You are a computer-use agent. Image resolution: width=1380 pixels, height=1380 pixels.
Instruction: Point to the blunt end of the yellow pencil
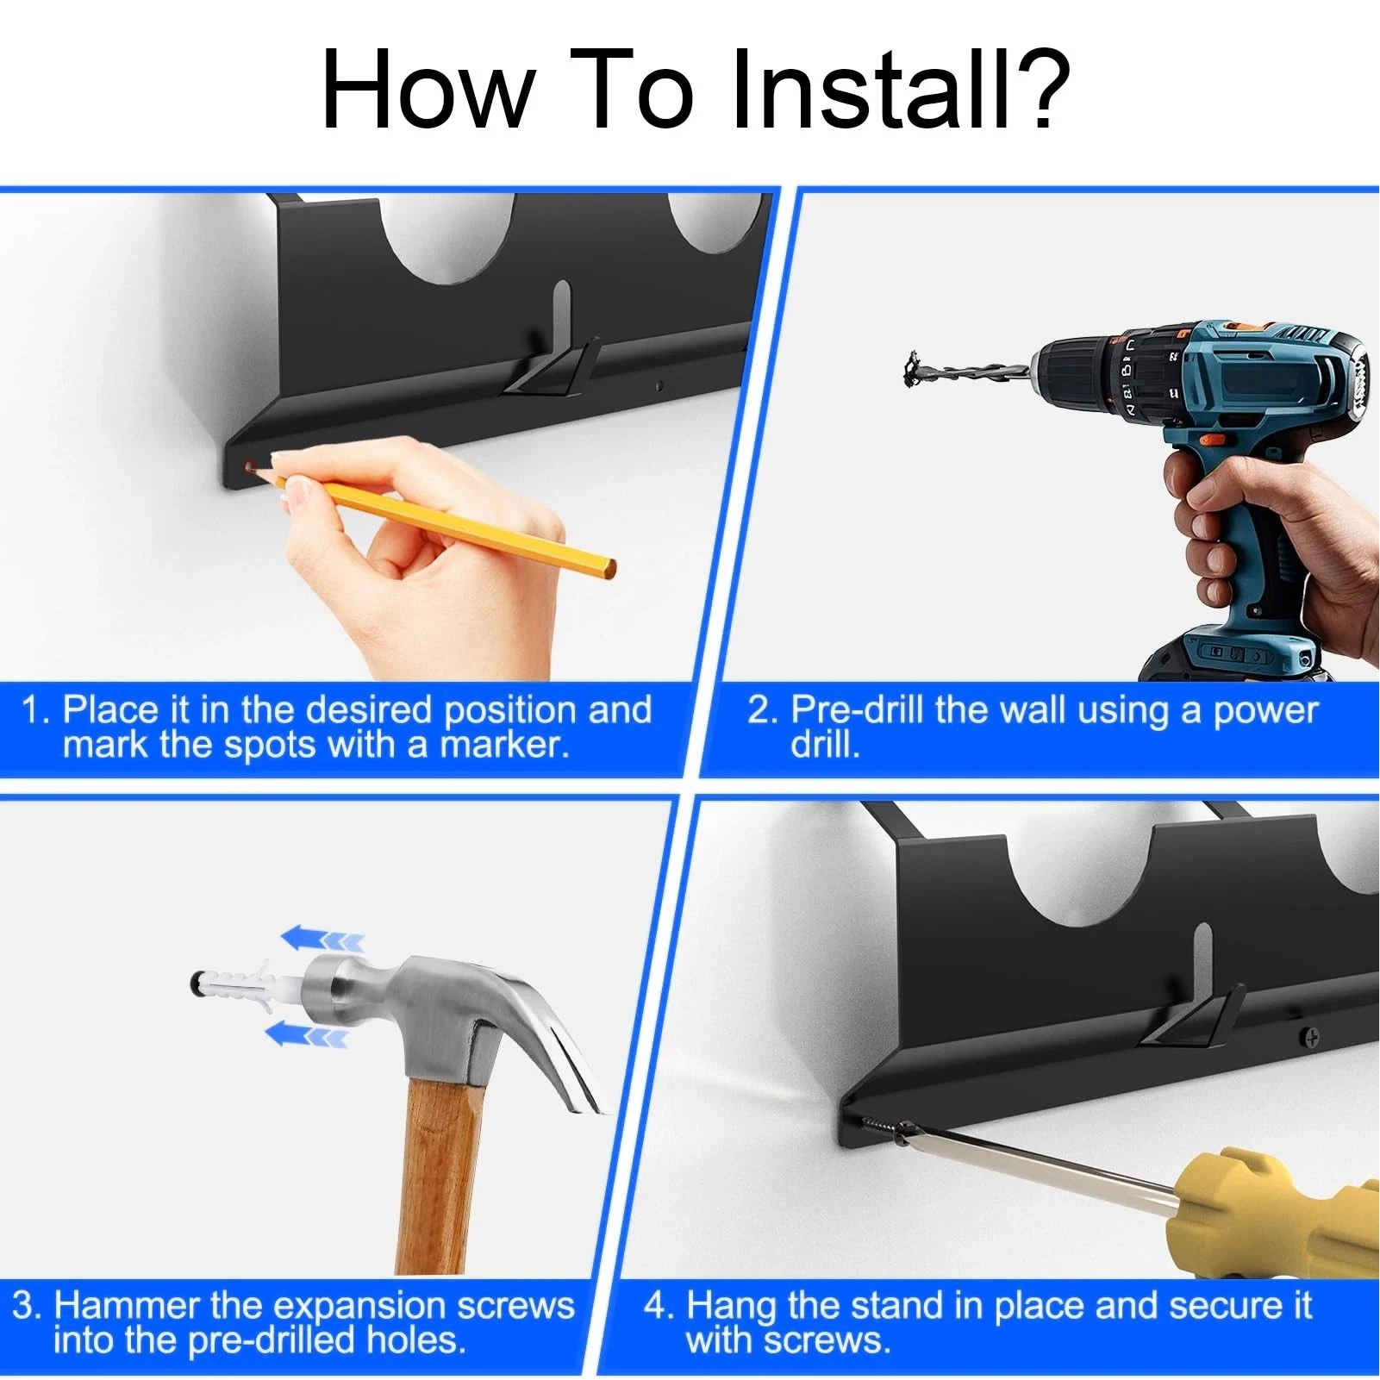(609, 568)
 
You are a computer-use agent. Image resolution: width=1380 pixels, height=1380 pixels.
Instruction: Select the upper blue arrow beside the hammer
(321, 939)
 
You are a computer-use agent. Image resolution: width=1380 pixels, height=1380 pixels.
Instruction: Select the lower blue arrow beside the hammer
(305, 1033)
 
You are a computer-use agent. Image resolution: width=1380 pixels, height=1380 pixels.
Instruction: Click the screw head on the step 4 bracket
(1310, 1038)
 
